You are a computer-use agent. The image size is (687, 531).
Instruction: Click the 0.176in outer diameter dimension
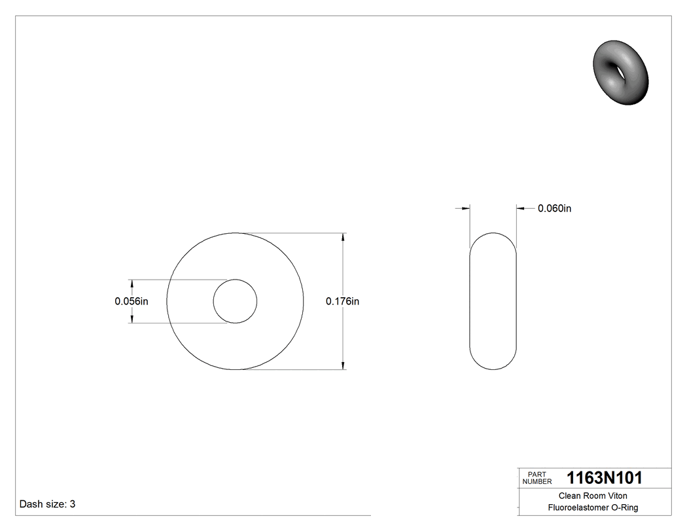tap(343, 301)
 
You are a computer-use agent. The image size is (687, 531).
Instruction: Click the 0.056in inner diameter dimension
tap(132, 301)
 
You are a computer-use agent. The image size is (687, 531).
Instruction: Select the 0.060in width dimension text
tap(555, 208)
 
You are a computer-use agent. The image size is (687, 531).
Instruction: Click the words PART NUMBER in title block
tap(537, 478)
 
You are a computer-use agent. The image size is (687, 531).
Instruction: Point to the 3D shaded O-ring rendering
tap(622, 72)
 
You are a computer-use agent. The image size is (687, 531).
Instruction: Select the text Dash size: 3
tap(48, 504)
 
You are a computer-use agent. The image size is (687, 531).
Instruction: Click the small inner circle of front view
tap(236, 301)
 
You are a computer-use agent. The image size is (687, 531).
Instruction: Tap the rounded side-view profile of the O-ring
tap(493, 301)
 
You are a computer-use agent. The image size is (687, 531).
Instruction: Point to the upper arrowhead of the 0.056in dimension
tap(132, 284)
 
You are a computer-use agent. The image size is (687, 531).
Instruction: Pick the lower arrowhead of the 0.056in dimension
tap(132, 318)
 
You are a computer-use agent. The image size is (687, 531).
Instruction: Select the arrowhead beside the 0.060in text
tap(521, 208)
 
